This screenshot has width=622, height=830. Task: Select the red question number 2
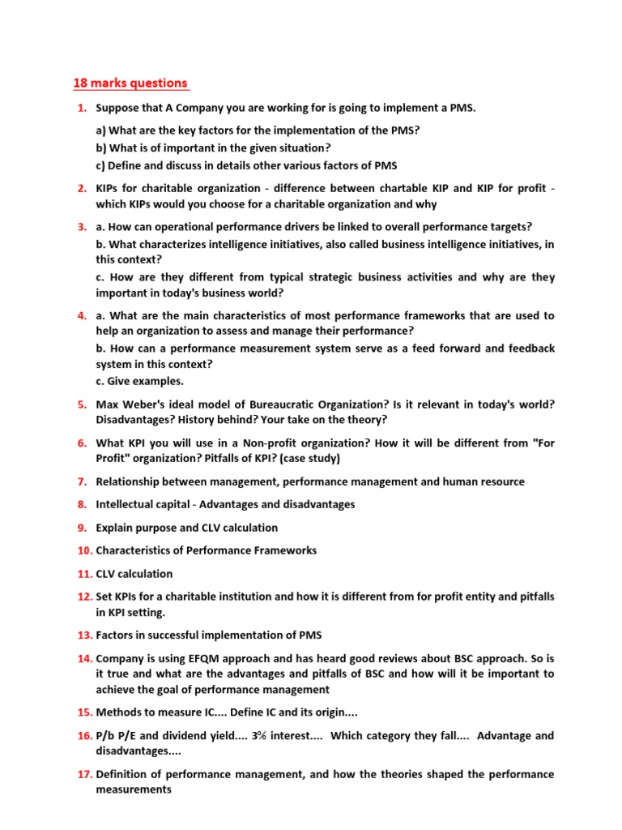(x=83, y=188)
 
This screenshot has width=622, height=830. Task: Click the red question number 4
(x=83, y=315)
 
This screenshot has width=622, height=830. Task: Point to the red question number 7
(x=83, y=481)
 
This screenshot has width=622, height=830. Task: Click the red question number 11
(x=85, y=574)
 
